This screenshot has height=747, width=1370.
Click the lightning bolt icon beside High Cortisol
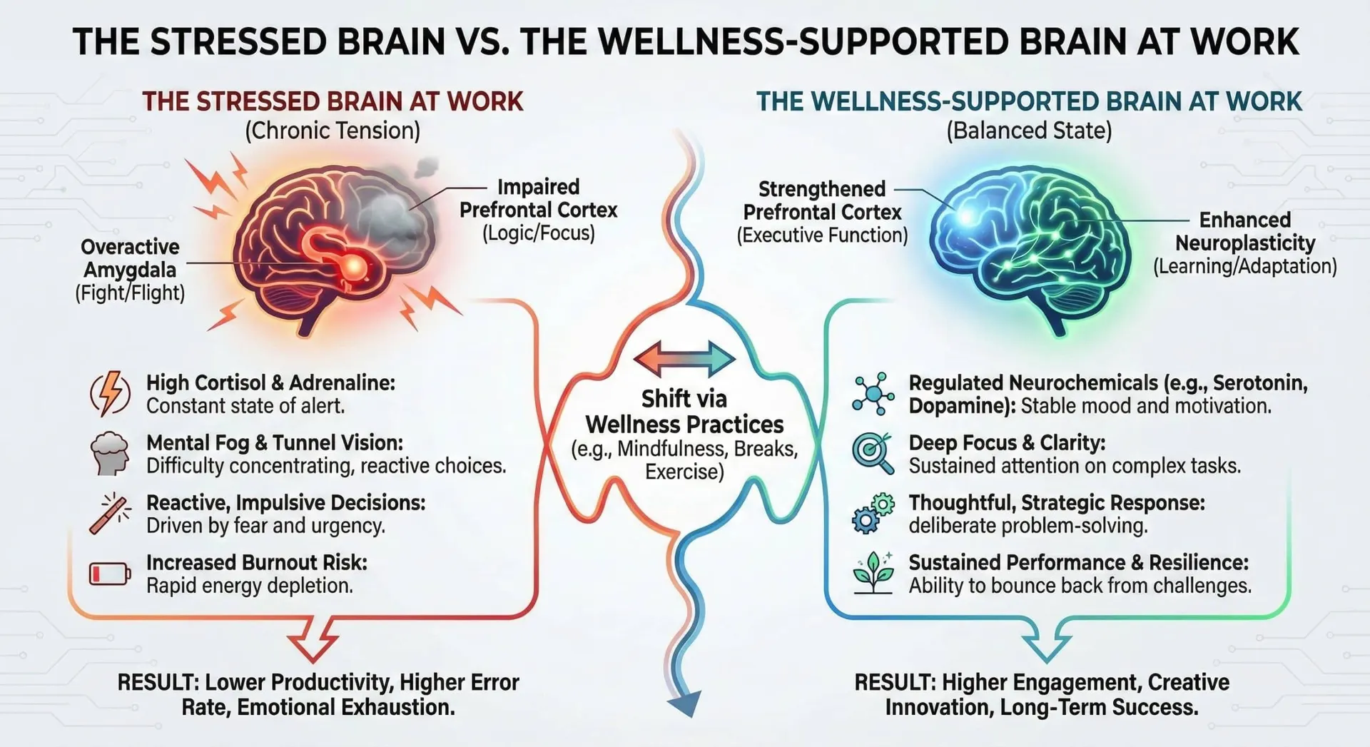click(x=110, y=393)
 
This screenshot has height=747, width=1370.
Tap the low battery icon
click(x=110, y=574)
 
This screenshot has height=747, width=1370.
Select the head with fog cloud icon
click(x=110, y=453)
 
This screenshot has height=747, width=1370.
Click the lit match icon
click(x=111, y=513)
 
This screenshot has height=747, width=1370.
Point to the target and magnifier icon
click(x=873, y=453)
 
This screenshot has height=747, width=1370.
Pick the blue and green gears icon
click(x=873, y=513)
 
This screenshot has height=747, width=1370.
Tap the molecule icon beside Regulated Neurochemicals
click(x=873, y=393)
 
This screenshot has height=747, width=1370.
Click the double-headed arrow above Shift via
click(x=684, y=359)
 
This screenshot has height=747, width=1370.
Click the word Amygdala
click(x=130, y=270)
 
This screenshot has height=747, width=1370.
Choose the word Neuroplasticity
click(x=1245, y=243)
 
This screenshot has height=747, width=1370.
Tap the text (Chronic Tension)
click(x=333, y=131)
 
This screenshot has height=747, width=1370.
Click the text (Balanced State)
click(x=1029, y=131)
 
